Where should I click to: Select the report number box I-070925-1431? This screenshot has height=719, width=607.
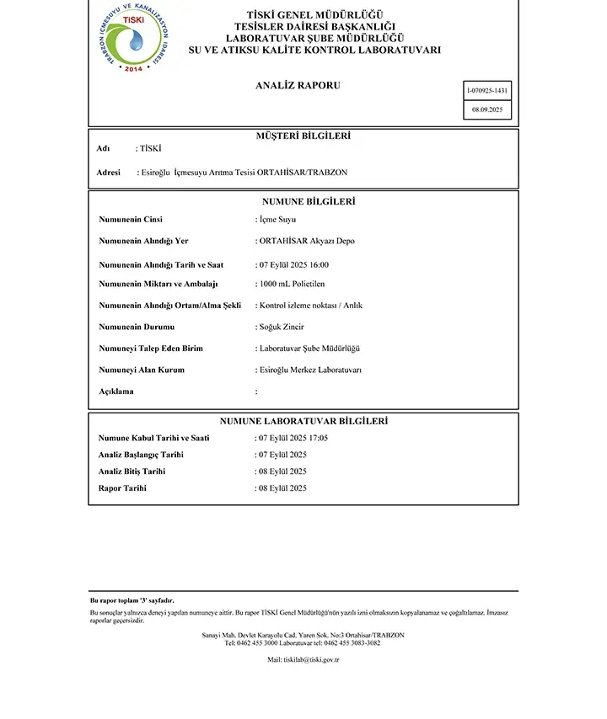coord(487,90)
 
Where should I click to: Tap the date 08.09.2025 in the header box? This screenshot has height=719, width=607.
coord(487,110)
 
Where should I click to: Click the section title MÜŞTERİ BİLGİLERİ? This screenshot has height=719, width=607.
coord(303,136)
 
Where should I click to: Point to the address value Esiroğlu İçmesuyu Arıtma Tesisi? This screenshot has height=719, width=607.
coord(244,173)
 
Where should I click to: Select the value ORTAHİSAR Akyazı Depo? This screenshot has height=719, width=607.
coord(307,241)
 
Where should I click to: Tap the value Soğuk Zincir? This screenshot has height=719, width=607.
coord(282,327)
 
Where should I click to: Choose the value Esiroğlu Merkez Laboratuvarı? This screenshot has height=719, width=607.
coord(310,370)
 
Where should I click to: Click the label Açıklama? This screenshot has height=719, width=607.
coord(116,391)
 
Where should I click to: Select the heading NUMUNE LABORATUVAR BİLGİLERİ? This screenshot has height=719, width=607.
coord(303,421)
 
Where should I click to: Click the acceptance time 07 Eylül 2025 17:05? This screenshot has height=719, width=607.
coord(293,438)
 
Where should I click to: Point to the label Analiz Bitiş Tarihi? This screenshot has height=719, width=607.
coord(132,471)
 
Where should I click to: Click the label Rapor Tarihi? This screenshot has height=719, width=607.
coord(122,488)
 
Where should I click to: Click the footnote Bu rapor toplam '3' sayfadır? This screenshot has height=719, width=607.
coord(132,600)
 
